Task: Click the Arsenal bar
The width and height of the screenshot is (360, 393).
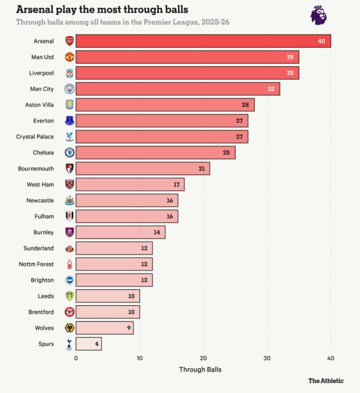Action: coord(203,41)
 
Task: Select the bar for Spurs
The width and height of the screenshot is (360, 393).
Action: coord(88,343)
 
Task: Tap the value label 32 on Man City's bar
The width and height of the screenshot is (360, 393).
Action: coord(271,89)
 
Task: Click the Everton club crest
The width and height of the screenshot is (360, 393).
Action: coord(69,120)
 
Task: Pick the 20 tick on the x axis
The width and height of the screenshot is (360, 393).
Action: coord(203,358)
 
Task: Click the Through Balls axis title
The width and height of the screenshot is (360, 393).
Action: coord(200,369)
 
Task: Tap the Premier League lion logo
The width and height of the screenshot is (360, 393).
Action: coord(318,15)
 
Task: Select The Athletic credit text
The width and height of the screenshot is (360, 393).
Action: coord(326,381)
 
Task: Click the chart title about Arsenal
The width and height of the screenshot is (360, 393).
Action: coord(102,10)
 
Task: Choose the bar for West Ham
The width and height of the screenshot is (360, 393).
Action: coord(130,184)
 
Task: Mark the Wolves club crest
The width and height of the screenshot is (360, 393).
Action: coord(69,328)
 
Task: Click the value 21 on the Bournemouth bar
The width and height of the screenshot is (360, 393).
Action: coord(201,168)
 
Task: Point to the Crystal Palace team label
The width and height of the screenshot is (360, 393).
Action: coord(35,136)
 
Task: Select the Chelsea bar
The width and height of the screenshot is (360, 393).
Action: coord(155,153)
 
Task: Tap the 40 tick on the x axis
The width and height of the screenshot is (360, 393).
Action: coord(331,358)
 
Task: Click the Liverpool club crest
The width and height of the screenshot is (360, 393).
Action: coord(69,73)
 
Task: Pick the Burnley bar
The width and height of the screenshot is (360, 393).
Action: coord(120,232)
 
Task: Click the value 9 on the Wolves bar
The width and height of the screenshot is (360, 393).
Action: coord(128,328)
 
